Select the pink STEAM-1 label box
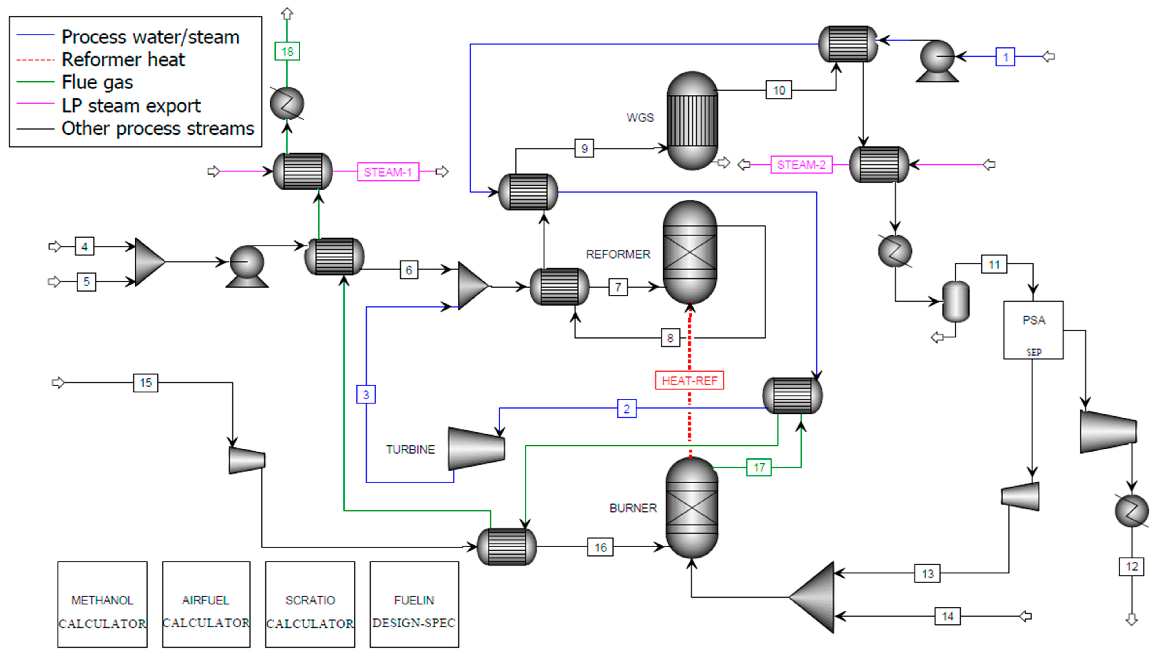[388, 172]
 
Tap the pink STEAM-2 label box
[801, 165]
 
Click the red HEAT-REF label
[689, 381]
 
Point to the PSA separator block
[1033, 330]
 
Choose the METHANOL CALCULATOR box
[102, 604]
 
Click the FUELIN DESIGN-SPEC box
[414, 604]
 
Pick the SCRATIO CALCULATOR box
[310, 604]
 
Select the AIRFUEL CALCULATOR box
[206, 604]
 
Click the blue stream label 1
[1005, 57]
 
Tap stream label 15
[145, 383]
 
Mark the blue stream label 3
[366, 394]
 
